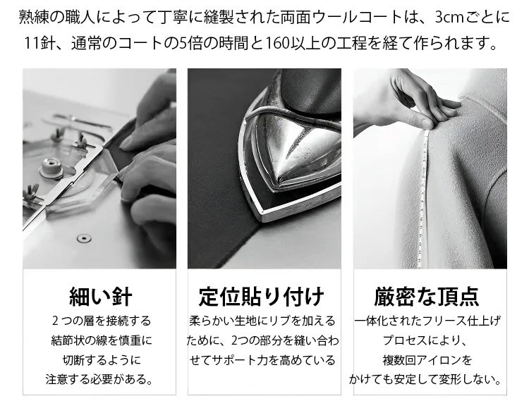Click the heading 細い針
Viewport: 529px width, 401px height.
[100, 296]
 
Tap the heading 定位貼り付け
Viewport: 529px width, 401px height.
[262, 296]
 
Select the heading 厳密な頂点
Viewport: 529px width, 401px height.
[427, 296]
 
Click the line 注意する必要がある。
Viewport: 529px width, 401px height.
[99, 379]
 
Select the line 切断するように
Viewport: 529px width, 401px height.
[102, 360]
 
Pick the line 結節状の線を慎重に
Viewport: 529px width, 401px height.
[102, 340]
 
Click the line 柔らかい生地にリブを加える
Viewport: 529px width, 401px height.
[262, 321]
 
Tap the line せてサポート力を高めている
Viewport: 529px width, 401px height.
[262, 360]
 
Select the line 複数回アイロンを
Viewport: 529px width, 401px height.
[427, 360]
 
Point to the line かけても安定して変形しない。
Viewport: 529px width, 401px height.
[425, 379]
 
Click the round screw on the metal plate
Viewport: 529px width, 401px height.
[84, 238]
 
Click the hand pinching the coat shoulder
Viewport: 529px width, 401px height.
[406, 101]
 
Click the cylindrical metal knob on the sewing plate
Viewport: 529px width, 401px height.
[51, 168]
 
